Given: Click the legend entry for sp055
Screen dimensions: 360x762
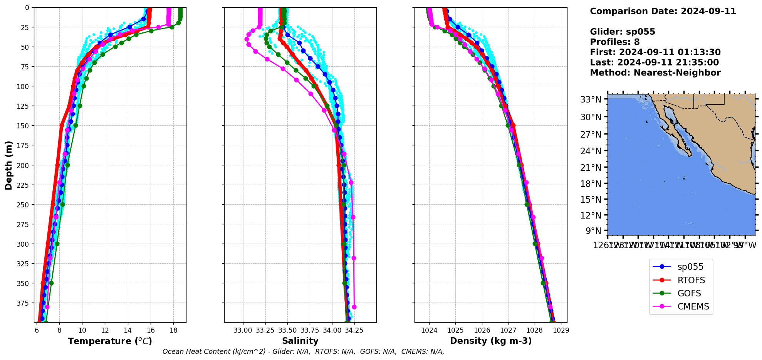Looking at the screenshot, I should click(690, 267).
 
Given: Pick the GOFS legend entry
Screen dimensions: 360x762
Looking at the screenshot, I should click(689, 293).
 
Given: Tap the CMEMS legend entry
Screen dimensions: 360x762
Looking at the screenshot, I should click(693, 306).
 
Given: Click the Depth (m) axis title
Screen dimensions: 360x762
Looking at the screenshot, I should click(8, 165).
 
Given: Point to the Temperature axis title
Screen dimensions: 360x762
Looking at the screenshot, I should click(110, 341).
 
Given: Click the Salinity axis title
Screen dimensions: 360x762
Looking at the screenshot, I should click(300, 341).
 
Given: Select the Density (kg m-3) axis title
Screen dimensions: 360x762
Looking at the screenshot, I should click(490, 341).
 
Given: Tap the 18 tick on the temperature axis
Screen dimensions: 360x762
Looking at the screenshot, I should click(173, 330).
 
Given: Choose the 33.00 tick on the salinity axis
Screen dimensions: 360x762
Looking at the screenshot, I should click(243, 330).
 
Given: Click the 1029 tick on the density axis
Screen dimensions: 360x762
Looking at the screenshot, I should click(561, 330).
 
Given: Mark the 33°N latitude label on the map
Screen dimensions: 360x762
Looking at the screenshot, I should click(591, 100).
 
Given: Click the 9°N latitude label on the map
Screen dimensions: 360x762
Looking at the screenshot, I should click(593, 231).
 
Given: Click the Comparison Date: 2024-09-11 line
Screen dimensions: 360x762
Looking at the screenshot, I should click(663, 11).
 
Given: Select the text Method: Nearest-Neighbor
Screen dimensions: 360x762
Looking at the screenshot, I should click(655, 73).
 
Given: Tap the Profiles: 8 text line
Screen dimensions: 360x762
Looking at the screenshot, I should click(614, 42).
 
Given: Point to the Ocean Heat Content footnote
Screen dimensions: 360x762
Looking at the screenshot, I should click(303, 352).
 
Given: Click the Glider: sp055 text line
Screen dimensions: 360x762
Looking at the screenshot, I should click(622, 32).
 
